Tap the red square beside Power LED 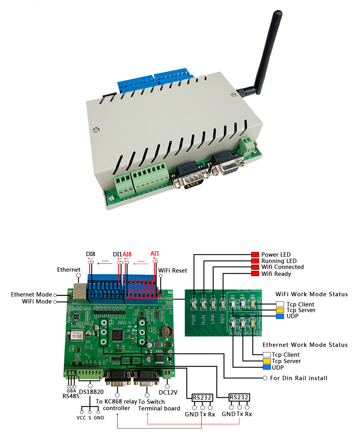click(255, 254)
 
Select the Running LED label click(279, 261)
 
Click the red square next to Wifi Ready click(255, 274)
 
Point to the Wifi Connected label click(282, 267)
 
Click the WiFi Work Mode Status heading click(311, 294)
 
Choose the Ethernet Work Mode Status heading click(305, 345)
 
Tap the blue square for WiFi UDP click(280, 316)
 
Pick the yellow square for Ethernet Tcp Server click(267, 361)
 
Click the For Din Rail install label click(298, 378)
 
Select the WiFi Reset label click(172, 271)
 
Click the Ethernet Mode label click(31, 295)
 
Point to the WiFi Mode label click(37, 302)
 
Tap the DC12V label click(168, 393)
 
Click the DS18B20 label click(91, 392)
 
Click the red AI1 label click(155, 254)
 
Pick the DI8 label click(90, 254)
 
